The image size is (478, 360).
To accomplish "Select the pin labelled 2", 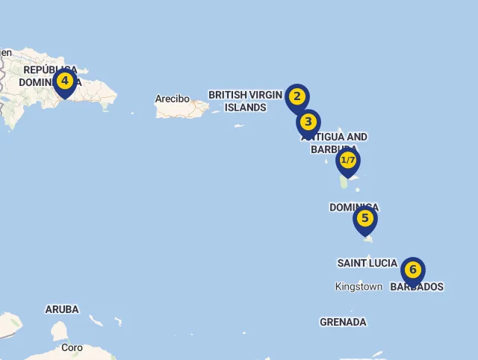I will (x=297, y=97).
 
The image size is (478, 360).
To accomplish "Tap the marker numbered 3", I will (x=308, y=122).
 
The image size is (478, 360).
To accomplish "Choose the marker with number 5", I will (x=364, y=219).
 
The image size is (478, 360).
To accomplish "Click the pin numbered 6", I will (x=412, y=270).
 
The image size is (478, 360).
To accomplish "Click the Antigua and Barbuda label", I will (x=334, y=143).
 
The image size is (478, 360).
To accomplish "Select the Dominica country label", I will (x=353, y=207).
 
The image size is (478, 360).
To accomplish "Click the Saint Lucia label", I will (x=367, y=263).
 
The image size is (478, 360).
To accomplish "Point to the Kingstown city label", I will (x=358, y=287).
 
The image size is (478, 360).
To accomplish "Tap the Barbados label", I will (x=417, y=287).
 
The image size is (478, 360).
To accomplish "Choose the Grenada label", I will (x=343, y=322).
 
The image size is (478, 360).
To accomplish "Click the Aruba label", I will (x=62, y=309).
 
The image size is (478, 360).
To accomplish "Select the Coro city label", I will (x=72, y=348).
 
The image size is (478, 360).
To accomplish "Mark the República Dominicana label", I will (x=49, y=76).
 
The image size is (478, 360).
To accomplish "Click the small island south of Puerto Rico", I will (x=240, y=125).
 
